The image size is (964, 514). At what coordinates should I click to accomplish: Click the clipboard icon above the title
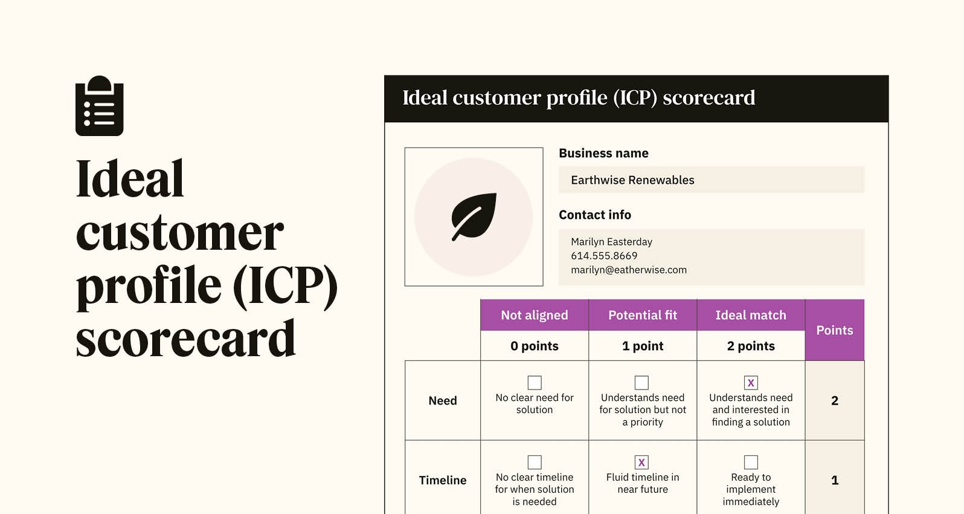(x=99, y=106)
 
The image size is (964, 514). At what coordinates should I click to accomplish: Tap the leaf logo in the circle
(x=474, y=216)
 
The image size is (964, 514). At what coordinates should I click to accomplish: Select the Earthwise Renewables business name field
(x=711, y=180)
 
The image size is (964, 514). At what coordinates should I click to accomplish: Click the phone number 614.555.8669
(x=604, y=256)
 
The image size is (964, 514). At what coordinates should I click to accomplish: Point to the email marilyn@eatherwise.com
(x=629, y=270)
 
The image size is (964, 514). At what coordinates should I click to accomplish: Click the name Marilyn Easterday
(x=611, y=242)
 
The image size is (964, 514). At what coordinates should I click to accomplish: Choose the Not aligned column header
(x=535, y=315)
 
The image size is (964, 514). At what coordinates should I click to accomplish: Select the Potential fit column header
(x=643, y=315)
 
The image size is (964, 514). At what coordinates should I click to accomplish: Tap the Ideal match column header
(x=751, y=315)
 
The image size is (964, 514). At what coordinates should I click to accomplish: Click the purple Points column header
(x=835, y=330)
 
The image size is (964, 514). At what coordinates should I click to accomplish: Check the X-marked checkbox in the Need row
(x=751, y=383)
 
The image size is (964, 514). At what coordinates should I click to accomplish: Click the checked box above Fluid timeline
(x=642, y=463)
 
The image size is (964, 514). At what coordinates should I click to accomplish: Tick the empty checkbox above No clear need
(x=535, y=383)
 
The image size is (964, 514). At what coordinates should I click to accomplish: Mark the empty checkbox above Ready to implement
(x=751, y=463)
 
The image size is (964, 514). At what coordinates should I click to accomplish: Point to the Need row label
(x=443, y=400)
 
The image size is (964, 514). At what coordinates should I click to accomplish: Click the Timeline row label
(x=443, y=480)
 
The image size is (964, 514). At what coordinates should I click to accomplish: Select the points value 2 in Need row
(x=835, y=400)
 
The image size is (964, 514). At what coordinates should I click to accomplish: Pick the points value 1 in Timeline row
(x=835, y=480)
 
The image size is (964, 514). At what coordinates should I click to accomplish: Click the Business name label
(x=603, y=153)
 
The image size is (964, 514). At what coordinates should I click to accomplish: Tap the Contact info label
(x=595, y=215)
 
